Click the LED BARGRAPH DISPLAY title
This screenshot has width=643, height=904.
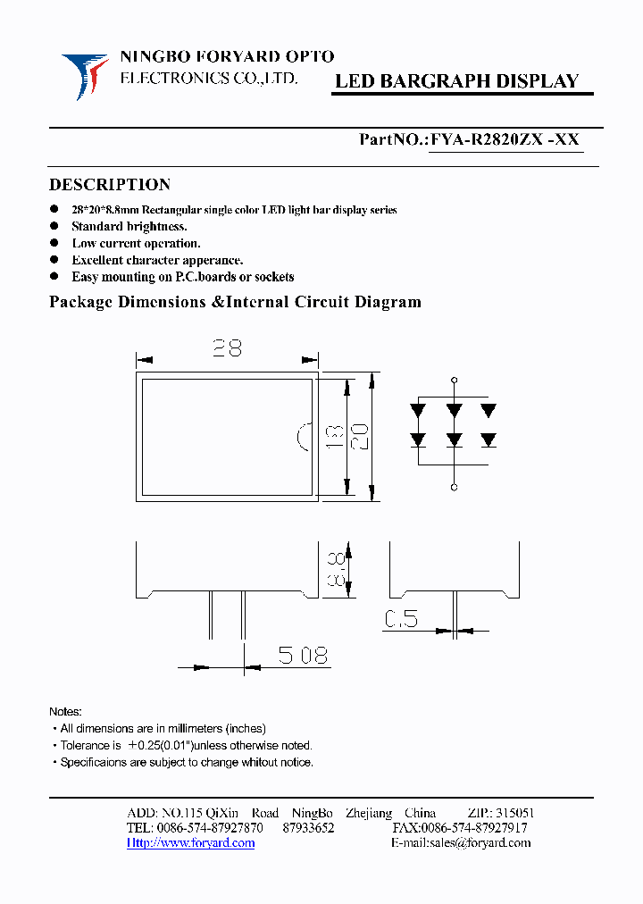tap(456, 81)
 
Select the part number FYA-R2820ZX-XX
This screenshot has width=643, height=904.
tap(505, 139)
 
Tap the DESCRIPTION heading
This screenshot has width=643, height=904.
tap(109, 185)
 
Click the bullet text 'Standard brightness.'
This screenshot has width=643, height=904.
tap(129, 227)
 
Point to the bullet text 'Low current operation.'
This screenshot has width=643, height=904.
tap(136, 243)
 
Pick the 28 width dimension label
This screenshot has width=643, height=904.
tap(227, 347)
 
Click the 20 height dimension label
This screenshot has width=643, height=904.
tap(361, 436)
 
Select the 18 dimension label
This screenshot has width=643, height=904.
tap(333, 436)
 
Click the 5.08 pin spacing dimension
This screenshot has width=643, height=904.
tap(303, 656)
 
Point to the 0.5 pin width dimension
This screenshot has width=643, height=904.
tap(402, 618)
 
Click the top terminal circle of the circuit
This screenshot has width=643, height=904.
tap(454, 380)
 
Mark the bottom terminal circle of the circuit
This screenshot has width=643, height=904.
tap(454, 488)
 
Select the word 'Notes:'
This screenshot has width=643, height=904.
tap(65, 712)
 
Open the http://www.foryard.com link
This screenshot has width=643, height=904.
tap(190, 842)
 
